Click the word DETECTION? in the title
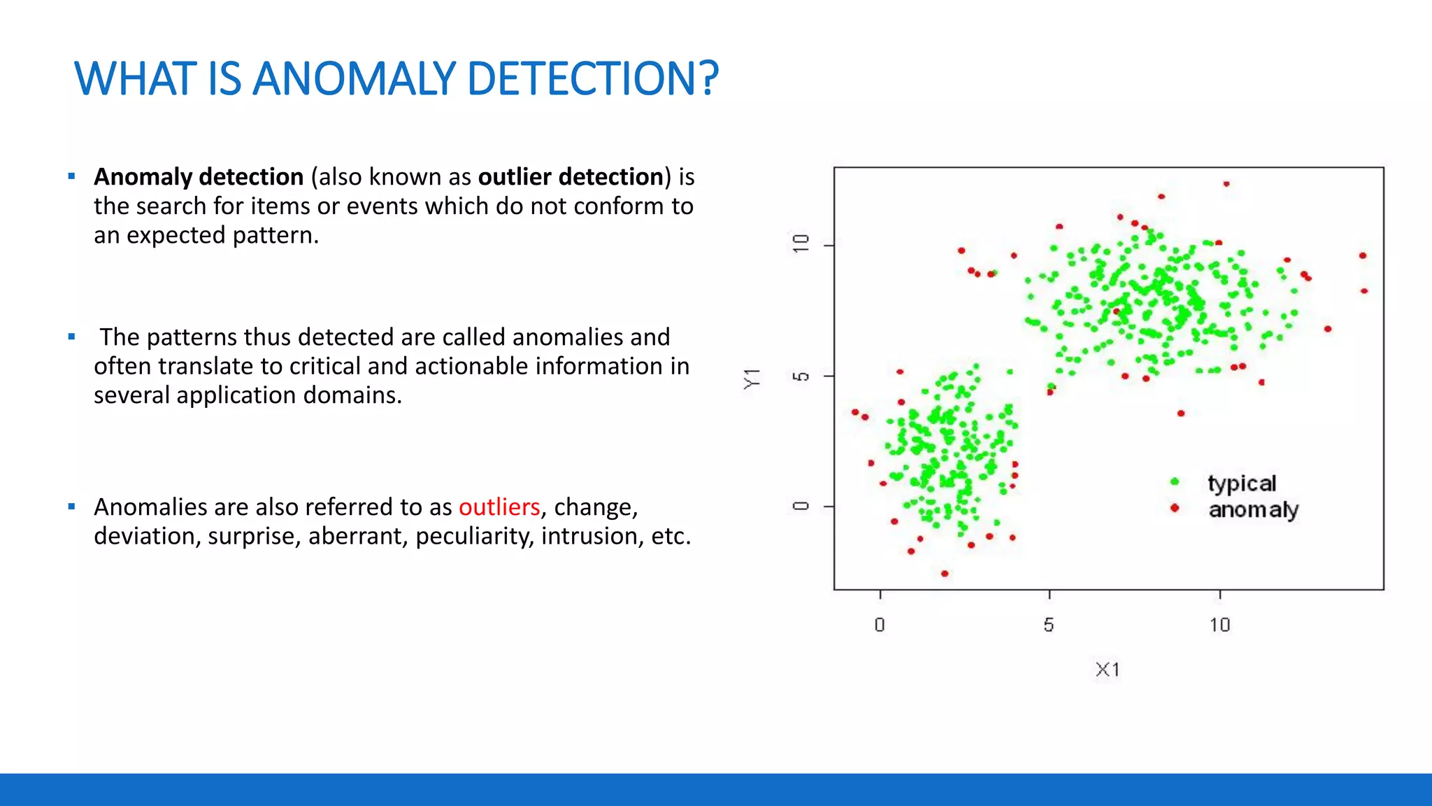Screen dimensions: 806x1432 point(592,78)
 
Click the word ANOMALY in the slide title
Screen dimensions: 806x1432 point(353,78)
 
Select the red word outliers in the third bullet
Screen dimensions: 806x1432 point(499,507)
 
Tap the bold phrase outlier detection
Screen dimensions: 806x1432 point(571,177)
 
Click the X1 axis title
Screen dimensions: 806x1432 point(1107,670)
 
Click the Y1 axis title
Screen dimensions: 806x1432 point(752,378)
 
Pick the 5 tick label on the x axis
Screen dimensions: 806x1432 point(1049,625)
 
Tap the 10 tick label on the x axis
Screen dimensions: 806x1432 point(1219,625)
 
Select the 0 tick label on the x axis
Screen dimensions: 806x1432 point(880,625)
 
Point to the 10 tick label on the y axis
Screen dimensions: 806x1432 point(801,244)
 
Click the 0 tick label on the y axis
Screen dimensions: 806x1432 point(801,506)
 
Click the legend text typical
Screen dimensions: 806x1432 point(1242,484)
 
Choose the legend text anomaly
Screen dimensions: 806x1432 point(1253,510)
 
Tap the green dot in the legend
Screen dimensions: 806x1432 point(1175,481)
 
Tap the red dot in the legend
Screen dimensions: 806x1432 point(1175,507)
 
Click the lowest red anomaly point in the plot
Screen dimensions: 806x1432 point(945,574)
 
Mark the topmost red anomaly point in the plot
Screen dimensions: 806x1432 point(1226,184)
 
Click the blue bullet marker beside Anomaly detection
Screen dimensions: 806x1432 point(71,176)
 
